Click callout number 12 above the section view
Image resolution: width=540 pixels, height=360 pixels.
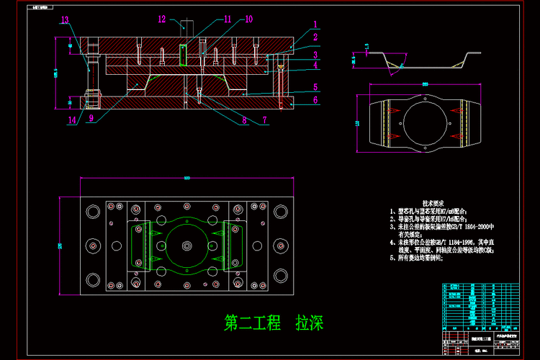162,19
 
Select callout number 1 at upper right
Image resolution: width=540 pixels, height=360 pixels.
315,24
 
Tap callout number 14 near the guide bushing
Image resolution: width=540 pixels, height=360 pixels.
72,121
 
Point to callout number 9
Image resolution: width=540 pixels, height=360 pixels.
91,118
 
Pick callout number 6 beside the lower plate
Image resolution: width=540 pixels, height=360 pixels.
315,100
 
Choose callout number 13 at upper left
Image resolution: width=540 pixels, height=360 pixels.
66,20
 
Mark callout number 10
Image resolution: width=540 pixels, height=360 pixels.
248,19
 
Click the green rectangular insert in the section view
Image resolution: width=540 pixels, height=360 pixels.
184,55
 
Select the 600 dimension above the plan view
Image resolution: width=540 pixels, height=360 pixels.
186,177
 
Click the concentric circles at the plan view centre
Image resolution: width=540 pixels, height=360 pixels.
186,246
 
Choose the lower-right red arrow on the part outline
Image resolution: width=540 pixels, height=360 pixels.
456,135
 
